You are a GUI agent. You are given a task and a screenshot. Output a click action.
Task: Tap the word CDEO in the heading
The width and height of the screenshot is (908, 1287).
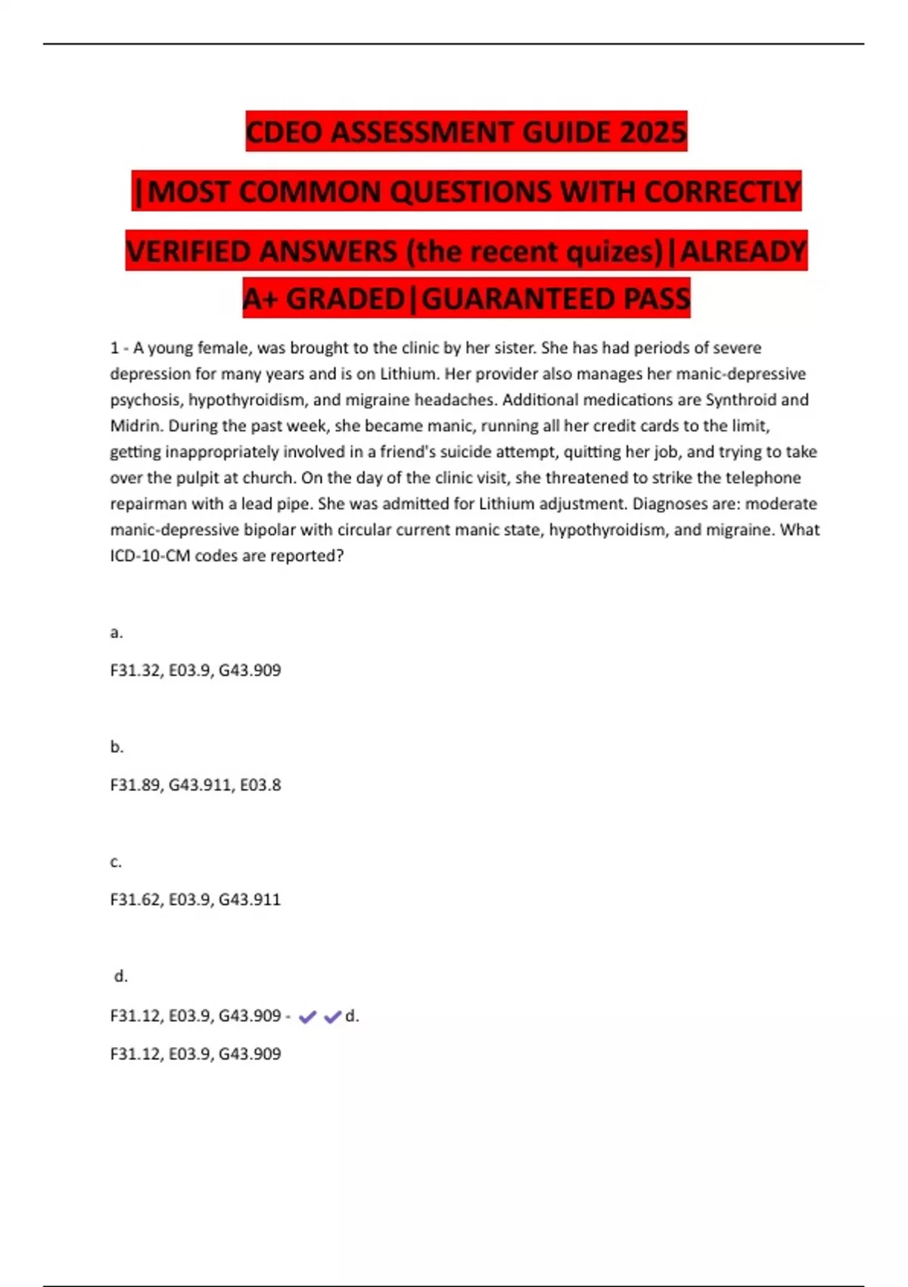tap(285, 132)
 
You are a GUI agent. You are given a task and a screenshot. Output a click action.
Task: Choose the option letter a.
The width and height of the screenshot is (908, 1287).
tap(116, 632)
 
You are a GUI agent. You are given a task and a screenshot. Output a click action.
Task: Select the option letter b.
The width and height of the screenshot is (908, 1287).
tap(117, 746)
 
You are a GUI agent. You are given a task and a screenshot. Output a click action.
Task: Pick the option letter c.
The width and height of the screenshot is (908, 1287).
tap(116, 862)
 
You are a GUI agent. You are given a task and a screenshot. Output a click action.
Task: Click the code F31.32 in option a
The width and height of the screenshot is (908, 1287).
tap(135, 670)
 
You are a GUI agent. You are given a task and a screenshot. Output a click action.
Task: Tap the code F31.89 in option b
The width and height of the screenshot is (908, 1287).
tap(135, 785)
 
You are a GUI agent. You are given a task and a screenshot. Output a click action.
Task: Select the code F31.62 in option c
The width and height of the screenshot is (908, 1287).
tap(135, 899)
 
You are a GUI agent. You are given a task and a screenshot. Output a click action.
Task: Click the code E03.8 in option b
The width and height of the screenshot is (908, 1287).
tap(260, 785)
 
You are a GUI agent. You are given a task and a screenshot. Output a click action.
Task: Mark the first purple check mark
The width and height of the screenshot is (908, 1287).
tap(307, 1017)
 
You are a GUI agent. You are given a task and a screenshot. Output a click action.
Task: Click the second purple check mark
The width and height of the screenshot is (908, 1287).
tap(332, 1017)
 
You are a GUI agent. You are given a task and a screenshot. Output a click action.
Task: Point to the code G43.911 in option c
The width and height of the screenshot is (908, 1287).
tap(250, 899)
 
